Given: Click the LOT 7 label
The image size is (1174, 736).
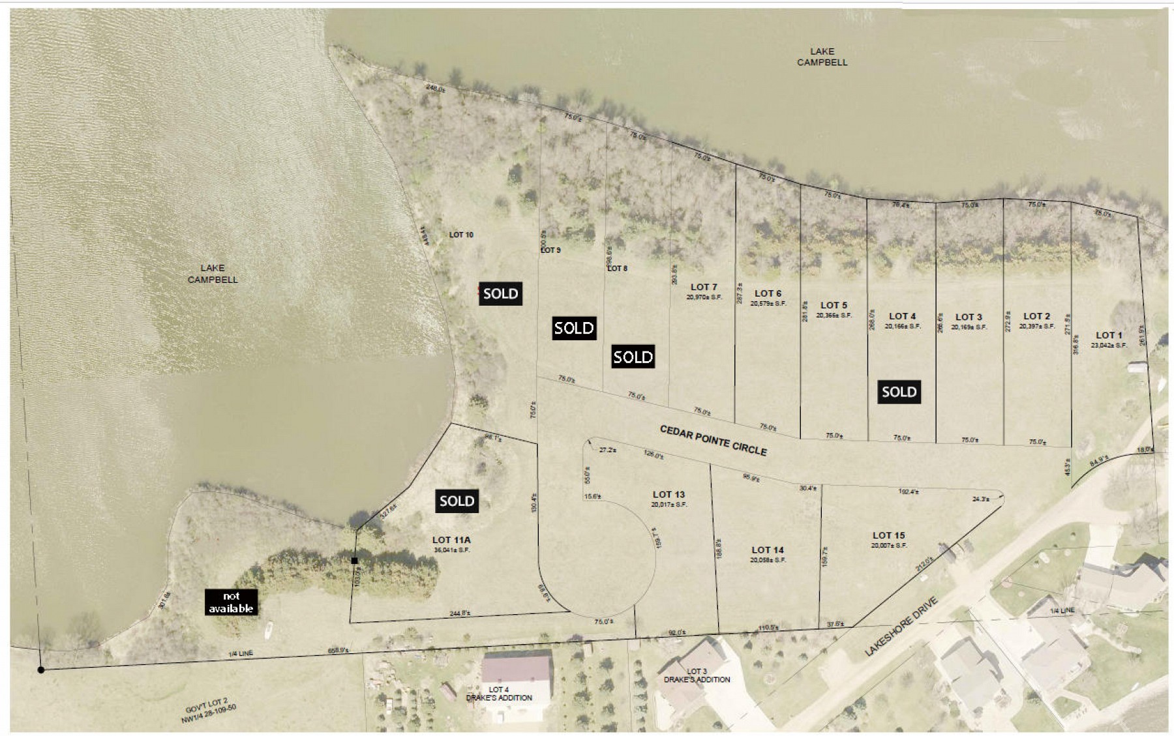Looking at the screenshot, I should pos(703,287).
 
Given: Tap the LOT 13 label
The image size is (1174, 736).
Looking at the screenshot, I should pos(669,495).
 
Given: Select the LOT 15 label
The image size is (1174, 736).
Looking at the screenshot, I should pos(888,536).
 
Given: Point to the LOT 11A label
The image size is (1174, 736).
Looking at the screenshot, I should pos(451,540).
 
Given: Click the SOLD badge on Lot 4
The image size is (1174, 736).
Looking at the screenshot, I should pos(899,392).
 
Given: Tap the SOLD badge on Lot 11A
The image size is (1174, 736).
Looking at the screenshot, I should pos(457,501).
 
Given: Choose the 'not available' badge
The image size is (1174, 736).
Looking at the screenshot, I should pos(231,602).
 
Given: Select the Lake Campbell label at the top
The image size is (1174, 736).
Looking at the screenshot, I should pos(822,57).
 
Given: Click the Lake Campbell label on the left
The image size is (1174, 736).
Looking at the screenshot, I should pos(213,274).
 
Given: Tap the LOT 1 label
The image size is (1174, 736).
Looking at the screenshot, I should pos(1109,336).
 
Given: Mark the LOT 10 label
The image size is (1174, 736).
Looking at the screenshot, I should pos(461,235).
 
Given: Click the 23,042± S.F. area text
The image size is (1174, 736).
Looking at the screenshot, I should pos(1108,346).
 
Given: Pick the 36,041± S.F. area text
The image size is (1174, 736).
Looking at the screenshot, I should pos(451,550).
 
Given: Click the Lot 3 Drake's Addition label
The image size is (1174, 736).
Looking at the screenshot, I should pos(697,675).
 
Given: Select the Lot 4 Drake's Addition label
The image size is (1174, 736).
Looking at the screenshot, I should pos(499,694).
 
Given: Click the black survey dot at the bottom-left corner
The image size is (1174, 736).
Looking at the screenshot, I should pos(40,670).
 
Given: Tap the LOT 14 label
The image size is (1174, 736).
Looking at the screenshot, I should pos(768,550).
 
